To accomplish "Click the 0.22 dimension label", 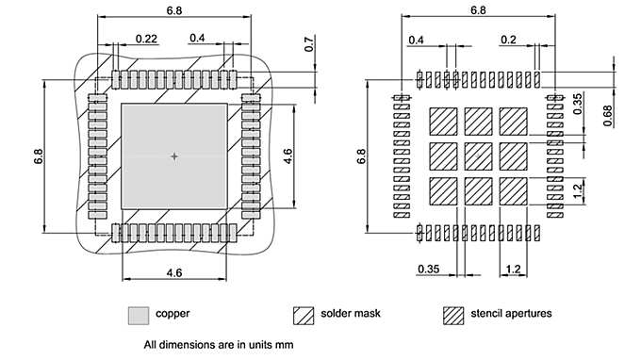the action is (x=146, y=39).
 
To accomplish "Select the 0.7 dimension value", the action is (x=309, y=44).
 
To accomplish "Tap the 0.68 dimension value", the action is (x=608, y=116).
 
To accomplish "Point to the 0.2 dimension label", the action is (x=508, y=40).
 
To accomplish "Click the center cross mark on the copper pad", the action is (x=174, y=156).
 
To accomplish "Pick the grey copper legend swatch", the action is (x=139, y=316).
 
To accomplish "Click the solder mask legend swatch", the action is (x=304, y=316).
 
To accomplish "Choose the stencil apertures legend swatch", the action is (x=453, y=316).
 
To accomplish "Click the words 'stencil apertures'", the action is (x=511, y=314).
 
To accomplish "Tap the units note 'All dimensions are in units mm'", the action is (x=219, y=345).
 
